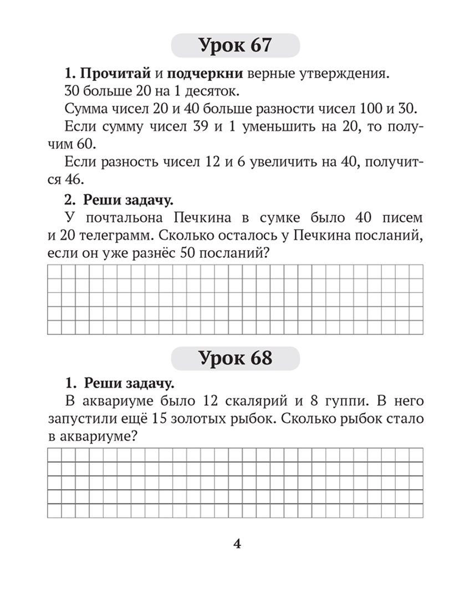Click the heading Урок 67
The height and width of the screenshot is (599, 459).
click(x=236, y=45)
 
